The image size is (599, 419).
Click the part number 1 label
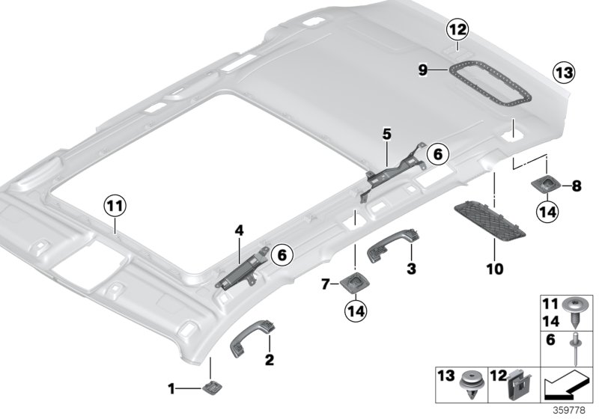click(171, 388)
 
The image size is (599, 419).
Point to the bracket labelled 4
click(243, 266)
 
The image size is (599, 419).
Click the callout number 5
click(386, 135)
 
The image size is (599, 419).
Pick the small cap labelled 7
click(352, 283)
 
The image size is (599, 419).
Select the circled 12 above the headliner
click(457, 31)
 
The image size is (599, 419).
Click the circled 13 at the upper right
click(562, 73)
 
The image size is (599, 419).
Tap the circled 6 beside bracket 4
click(282, 255)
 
